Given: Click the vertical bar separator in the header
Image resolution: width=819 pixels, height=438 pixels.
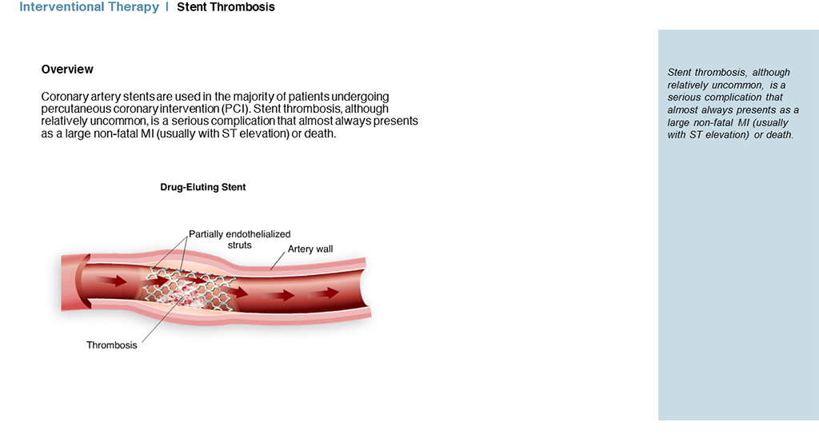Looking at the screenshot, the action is coord(167,6).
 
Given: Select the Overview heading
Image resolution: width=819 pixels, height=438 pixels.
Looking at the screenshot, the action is coord(67,70).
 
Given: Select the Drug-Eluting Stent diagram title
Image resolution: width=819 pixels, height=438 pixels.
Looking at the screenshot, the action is coord(202,187).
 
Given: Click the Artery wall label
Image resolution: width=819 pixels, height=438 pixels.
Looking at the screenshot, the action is coord(310,249).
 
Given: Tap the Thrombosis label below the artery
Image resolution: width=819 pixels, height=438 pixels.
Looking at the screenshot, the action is coord(112,345).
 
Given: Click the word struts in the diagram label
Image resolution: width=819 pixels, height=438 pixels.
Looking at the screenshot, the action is coord(240,245).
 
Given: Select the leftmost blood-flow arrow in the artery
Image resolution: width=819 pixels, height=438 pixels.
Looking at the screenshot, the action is coord(111,281).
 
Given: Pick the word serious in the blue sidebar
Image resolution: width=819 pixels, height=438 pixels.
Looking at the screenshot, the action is coord(685,98).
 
